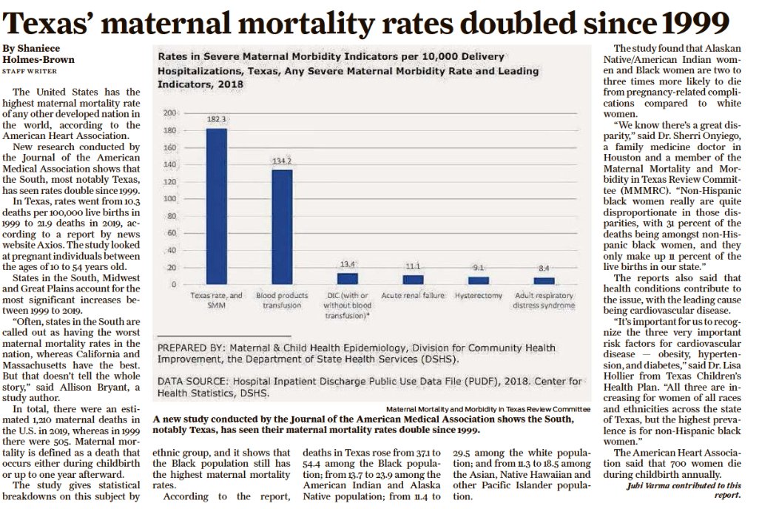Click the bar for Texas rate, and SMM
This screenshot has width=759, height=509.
click(216, 206)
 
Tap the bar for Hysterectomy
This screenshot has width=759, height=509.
click(479, 280)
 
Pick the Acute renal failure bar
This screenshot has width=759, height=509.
click(413, 280)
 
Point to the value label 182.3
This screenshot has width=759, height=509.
click(216, 118)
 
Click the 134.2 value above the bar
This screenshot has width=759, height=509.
click(282, 161)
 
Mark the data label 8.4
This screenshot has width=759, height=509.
click(544, 268)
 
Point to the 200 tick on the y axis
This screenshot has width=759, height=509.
click(169, 112)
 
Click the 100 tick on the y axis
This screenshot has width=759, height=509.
click(169, 198)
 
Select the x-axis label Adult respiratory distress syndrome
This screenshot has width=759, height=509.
click(544, 300)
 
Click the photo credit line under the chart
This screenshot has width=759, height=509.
click(488, 408)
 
